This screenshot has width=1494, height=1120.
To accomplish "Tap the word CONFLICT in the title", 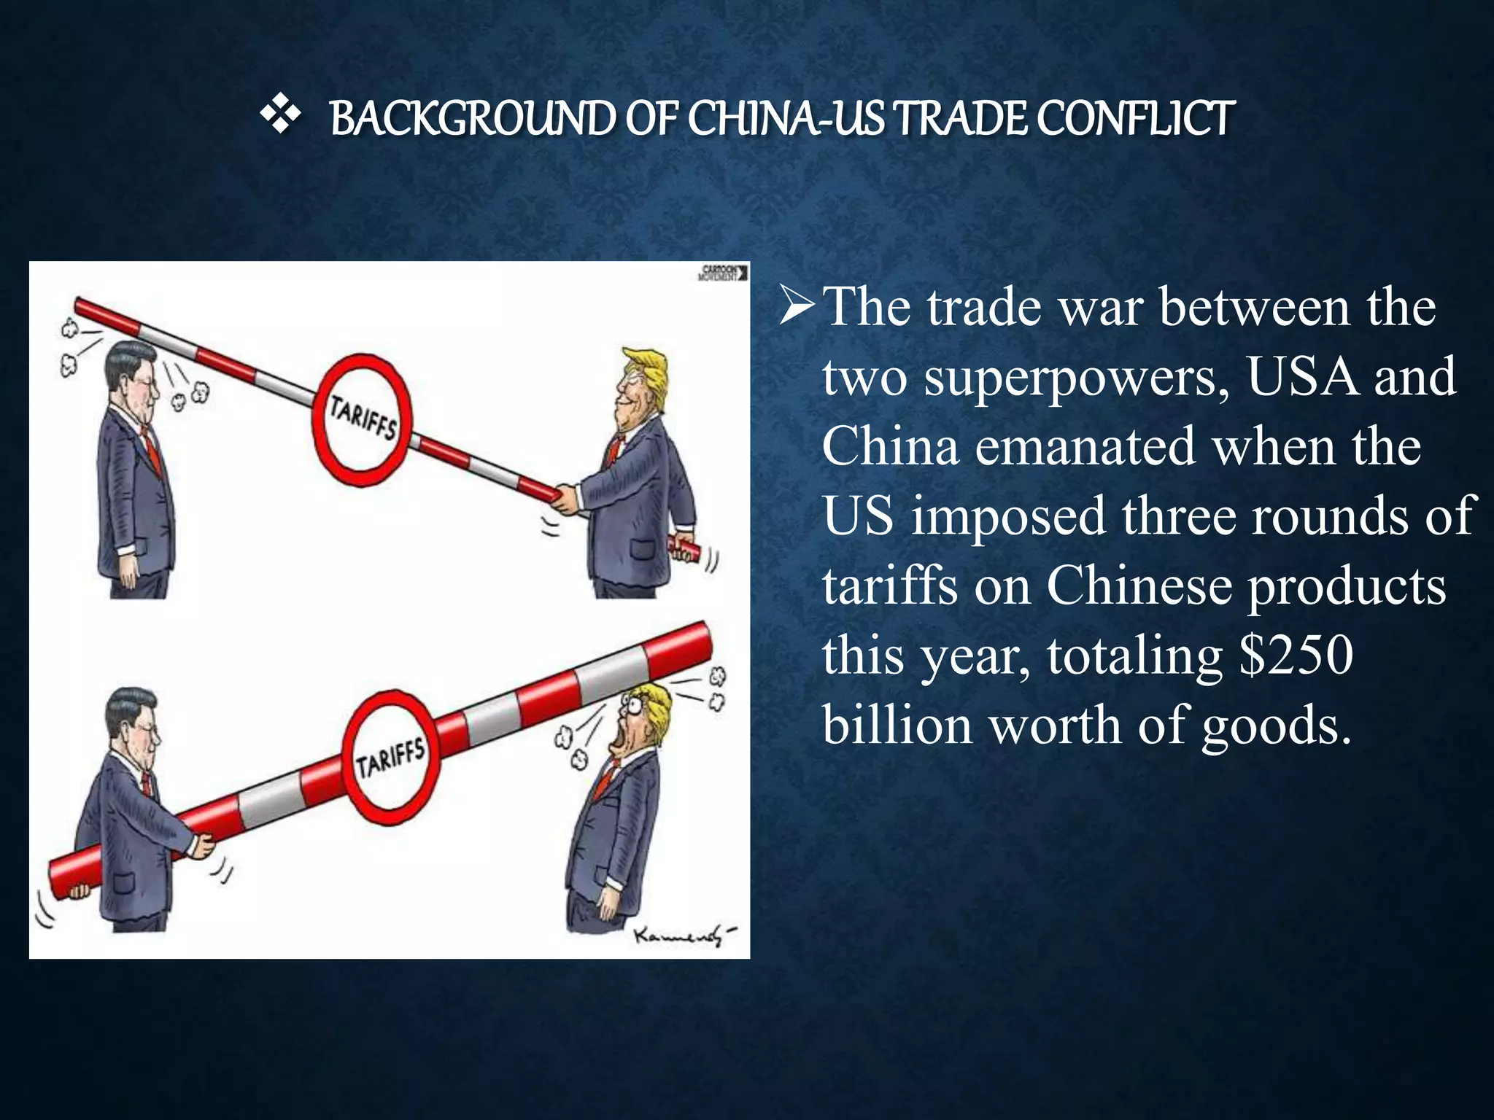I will pyautogui.click(x=1136, y=119).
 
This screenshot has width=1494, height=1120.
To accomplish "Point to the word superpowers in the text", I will pyautogui.click(x=1077, y=378).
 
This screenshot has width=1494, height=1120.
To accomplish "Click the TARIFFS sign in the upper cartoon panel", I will pyautogui.click(x=363, y=419).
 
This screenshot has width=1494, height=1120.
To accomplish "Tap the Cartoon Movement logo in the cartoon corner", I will pyautogui.click(x=722, y=273).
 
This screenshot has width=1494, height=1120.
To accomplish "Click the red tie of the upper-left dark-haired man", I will pyautogui.click(x=152, y=446).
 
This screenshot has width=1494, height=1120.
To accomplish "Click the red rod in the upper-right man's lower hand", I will pyautogui.click(x=686, y=548).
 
